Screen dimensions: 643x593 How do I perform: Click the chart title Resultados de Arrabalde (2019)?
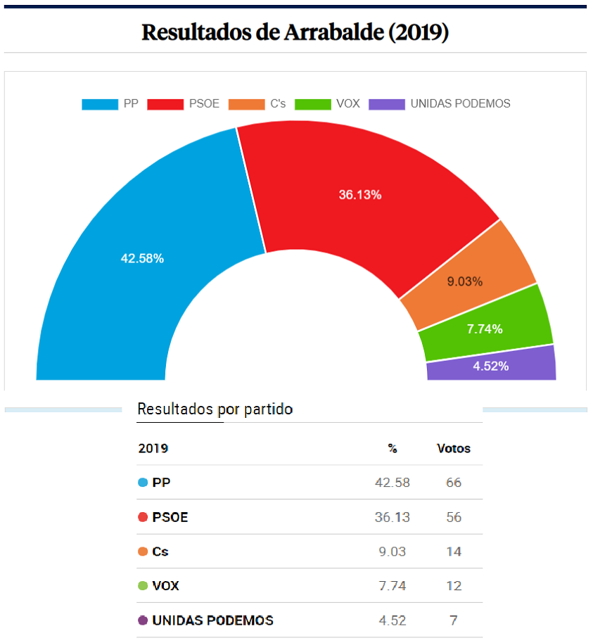[295, 32]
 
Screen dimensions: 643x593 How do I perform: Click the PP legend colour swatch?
[100, 104]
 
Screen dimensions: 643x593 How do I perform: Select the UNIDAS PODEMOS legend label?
[460, 104]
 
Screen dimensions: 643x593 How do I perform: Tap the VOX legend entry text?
[347, 104]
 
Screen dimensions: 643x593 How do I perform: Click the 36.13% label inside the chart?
[360, 195]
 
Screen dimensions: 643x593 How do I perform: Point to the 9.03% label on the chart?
[465, 281]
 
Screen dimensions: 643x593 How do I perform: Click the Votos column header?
[454, 448]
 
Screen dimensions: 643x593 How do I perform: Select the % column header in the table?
[393, 448]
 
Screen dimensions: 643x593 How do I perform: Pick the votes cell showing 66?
[454, 483]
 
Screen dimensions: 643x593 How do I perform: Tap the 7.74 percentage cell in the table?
[393, 586]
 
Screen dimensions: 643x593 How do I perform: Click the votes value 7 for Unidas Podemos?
[454, 620]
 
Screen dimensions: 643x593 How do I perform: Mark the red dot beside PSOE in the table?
[143, 517]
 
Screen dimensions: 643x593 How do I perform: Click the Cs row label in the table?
[160, 552]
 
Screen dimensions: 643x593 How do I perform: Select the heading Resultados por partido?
[215, 409]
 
